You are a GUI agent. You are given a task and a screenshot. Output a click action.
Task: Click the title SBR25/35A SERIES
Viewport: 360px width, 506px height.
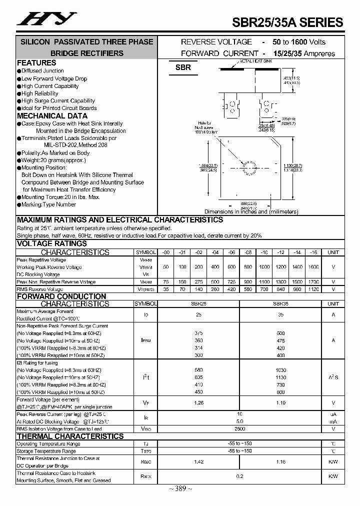pyautogui.click(x=287, y=22)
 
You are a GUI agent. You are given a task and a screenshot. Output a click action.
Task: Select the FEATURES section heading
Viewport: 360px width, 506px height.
pyautogui.click(x=36, y=63)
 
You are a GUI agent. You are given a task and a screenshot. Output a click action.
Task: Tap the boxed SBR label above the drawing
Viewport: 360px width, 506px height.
pyautogui.click(x=183, y=67)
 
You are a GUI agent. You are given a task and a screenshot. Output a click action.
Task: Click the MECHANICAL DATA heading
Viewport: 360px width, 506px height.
pyautogui.click(x=52, y=116)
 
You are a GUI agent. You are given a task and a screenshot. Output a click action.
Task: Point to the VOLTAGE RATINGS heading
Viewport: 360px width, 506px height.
pyautogui.click(x=52, y=244)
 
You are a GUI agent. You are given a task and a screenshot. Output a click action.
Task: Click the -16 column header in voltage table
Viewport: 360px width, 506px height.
pyautogui.click(x=313, y=252)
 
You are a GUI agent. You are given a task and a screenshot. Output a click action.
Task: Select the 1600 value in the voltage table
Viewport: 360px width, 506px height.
pyautogui.click(x=313, y=267)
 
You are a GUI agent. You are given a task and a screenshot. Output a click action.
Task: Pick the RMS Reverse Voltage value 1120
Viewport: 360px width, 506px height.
pyautogui.click(x=313, y=289)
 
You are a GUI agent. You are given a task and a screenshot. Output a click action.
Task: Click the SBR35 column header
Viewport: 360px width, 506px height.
pyautogui.click(x=281, y=303)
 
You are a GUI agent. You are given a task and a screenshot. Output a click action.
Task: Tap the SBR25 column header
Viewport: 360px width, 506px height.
pyautogui.click(x=199, y=303)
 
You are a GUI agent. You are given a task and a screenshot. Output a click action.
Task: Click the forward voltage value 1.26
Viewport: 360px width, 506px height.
pyautogui.click(x=199, y=402)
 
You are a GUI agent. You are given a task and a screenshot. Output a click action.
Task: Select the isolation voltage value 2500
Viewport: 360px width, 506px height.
pyautogui.click(x=240, y=428)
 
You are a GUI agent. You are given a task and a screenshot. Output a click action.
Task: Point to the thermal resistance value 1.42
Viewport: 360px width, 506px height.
pyautogui.click(x=199, y=461)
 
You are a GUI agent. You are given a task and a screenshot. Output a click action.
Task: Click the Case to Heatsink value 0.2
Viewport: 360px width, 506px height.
pyautogui.click(x=240, y=476)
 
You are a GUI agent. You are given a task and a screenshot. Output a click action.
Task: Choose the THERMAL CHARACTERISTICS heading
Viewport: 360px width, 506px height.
pyautogui.click(x=70, y=436)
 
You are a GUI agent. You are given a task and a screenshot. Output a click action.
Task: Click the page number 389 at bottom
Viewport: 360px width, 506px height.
pyautogui.click(x=180, y=488)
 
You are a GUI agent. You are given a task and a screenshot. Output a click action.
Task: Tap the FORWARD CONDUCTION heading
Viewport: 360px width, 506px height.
pyautogui.click(x=61, y=296)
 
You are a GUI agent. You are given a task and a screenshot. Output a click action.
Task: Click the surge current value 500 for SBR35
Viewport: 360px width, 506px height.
pyautogui.click(x=280, y=333)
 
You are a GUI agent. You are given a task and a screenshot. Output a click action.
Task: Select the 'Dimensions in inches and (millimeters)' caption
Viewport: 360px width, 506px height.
pyautogui.click(x=251, y=211)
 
